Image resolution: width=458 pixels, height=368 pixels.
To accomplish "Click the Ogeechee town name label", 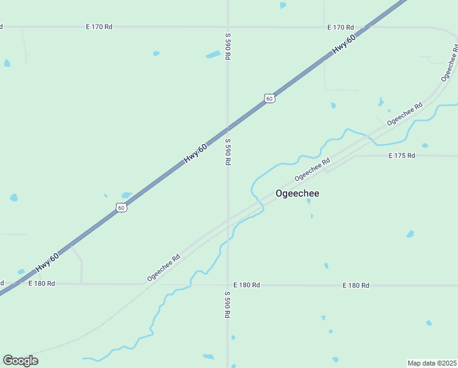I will click(297, 194).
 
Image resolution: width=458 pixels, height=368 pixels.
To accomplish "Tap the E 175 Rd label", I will click(402, 156).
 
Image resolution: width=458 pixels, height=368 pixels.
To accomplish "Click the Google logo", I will click(20, 361).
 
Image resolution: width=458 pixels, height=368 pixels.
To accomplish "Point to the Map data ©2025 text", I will click(432, 362).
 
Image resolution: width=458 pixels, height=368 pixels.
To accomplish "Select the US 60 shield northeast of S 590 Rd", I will click(269, 98).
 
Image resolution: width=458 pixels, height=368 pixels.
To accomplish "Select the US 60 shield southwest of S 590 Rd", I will click(122, 208).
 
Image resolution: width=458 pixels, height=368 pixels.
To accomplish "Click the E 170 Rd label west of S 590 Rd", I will click(99, 27).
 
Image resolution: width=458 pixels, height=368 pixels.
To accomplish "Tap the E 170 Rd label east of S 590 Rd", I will click(340, 27).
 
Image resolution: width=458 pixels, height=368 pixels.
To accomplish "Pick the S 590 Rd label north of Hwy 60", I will click(227, 46).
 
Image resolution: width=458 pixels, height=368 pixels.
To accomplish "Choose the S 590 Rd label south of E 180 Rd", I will click(227, 304).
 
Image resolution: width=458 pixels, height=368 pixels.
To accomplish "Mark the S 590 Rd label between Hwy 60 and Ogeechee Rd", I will click(227, 151).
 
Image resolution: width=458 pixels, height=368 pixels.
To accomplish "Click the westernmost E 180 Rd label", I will click(42, 283).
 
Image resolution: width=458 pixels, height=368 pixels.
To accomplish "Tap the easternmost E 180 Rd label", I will click(356, 285).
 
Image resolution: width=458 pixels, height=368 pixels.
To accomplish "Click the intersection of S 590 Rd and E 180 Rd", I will click(228, 285).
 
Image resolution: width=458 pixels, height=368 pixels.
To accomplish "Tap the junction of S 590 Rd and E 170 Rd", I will click(228, 27).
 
